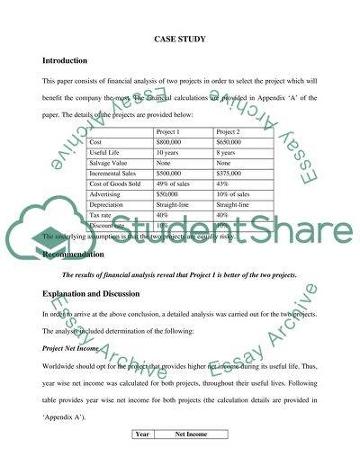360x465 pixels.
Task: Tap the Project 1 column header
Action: click(x=171, y=131)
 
